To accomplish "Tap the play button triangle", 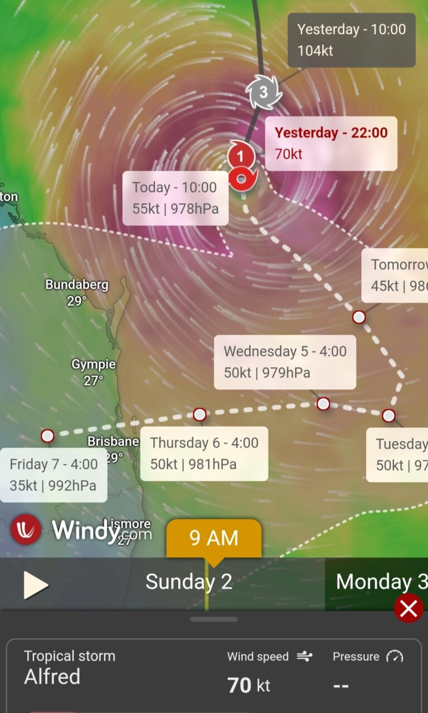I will pos(36,585).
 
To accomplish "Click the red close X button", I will pos(408,609).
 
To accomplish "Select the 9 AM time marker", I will pos(214,538).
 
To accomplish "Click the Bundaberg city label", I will pos(77,285).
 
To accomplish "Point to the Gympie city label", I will pos(94,365).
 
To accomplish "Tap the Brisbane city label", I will pos(113,442).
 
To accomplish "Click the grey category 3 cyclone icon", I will pos(264,92).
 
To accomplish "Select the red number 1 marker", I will pos(241,155).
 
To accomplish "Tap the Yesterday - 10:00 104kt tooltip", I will pos(351,40).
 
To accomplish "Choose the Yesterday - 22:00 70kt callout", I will pos(331,143).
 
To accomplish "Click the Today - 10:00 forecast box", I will pos(175,198).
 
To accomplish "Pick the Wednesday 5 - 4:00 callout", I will pos(285,362).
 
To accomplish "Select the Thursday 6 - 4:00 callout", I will pos(204,453).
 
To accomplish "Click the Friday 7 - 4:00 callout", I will pos(53,475).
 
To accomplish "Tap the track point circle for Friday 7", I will pos(47,436).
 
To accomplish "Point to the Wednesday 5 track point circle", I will pos(323,404).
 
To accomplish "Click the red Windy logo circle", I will pos(26,529).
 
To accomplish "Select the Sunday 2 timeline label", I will pos(188,582).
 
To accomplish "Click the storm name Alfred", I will pos(52,676).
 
